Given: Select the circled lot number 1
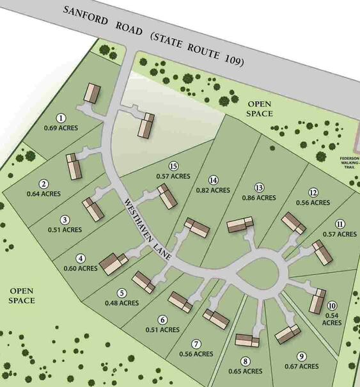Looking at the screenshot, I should pyautogui.click(x=61, y=118).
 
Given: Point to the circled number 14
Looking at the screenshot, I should pyautogui.click(x=214, y=180).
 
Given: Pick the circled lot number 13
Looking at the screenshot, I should pyautogui.click(x=259, y=187).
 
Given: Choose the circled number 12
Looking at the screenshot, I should pyautogui.click(x=313, y=193).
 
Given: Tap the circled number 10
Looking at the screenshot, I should pyautogui.click(x=332, y=306).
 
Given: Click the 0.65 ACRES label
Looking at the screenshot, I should pyautogui.click(x=245, y=371).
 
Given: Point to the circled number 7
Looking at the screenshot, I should pyautogui.click(x=196, y=344).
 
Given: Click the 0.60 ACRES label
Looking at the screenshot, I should pyautogui.click(x=81, y=268).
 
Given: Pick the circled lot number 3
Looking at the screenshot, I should pyautogui.click(x=65, y=219).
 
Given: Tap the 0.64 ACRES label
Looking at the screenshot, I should pyautogui.click(x=44, y=193).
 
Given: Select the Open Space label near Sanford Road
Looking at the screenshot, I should pyautogui.click(x=260, y=109).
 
